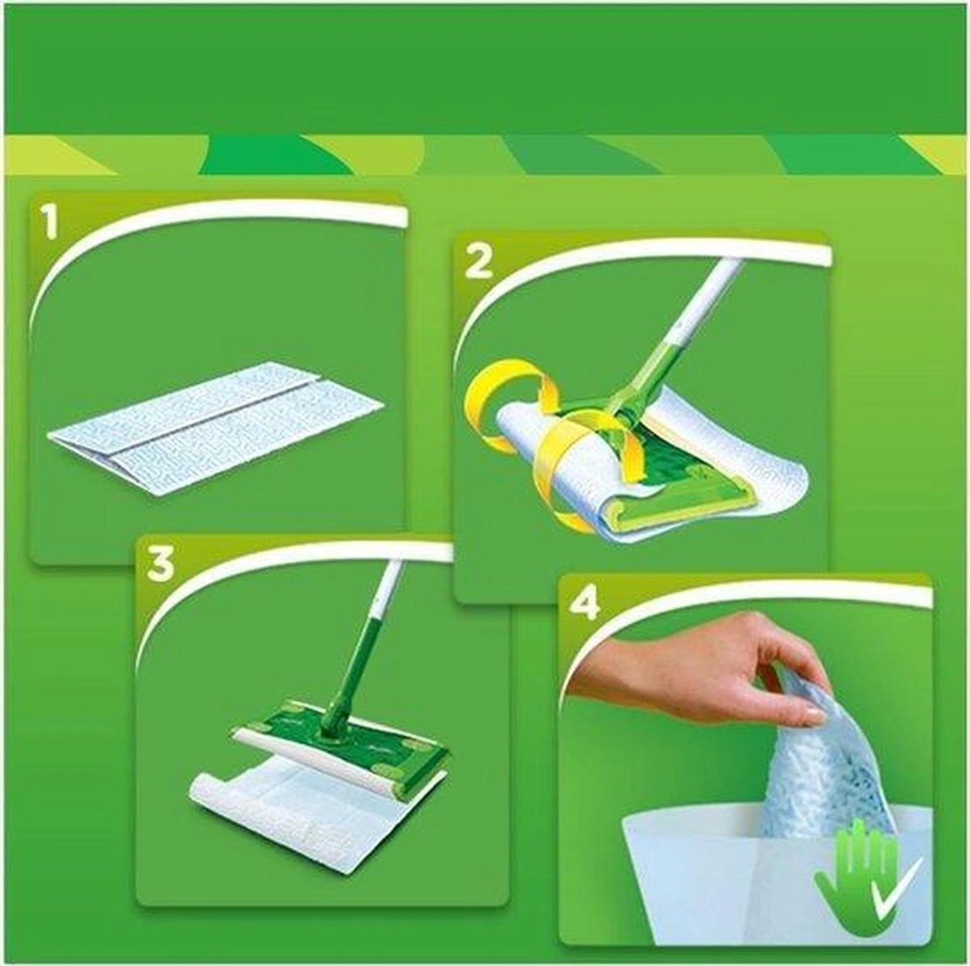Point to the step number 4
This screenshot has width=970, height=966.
584,602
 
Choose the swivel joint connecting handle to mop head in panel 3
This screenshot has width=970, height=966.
333,719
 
